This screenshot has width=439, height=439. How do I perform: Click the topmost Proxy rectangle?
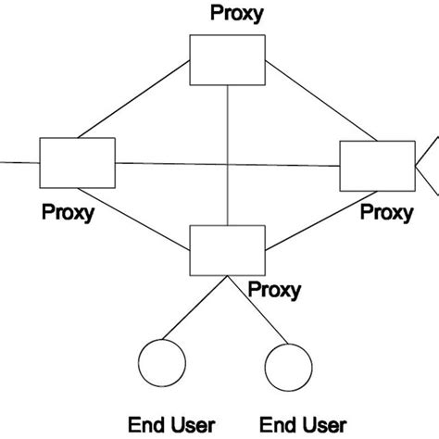pos(227,59)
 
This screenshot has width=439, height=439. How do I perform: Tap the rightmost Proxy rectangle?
pos(377,166)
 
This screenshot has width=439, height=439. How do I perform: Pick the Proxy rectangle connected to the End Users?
pos(227,250)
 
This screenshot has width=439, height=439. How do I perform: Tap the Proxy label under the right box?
pos(386,213)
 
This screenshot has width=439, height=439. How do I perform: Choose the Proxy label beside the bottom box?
pos(274,290)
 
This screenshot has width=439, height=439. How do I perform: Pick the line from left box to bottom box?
pos(152,219)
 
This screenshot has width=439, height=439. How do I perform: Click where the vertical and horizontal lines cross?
pos(227,165)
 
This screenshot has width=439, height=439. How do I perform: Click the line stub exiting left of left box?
pos(19,162)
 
